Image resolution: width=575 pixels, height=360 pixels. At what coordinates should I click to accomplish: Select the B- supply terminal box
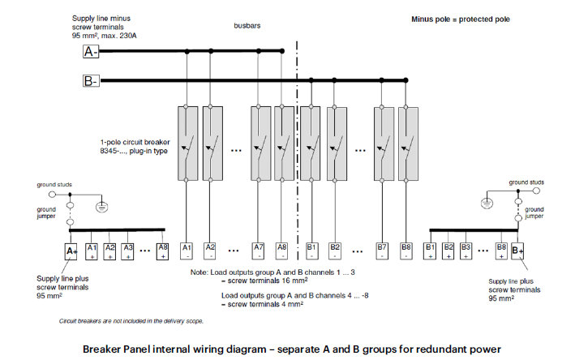point(91,80)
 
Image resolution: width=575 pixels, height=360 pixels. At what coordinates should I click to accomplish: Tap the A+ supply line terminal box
point(71,251)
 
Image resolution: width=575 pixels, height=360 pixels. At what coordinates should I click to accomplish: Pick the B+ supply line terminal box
point(518,251)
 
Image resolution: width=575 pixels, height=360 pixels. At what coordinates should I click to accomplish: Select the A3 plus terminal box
point(127,251)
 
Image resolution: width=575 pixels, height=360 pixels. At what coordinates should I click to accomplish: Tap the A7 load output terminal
point(259,250)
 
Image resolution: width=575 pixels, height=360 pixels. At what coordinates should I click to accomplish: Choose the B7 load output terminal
point(383,250)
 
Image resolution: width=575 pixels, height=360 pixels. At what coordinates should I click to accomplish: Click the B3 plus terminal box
point(466,250)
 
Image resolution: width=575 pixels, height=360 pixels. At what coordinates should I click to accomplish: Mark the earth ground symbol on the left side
point(101,206)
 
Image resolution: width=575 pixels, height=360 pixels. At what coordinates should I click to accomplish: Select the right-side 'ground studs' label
point(535,186)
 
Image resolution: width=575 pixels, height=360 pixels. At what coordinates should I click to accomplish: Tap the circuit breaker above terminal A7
point(260,142)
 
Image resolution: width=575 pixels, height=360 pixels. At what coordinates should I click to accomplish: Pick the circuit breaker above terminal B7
point(384,142)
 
